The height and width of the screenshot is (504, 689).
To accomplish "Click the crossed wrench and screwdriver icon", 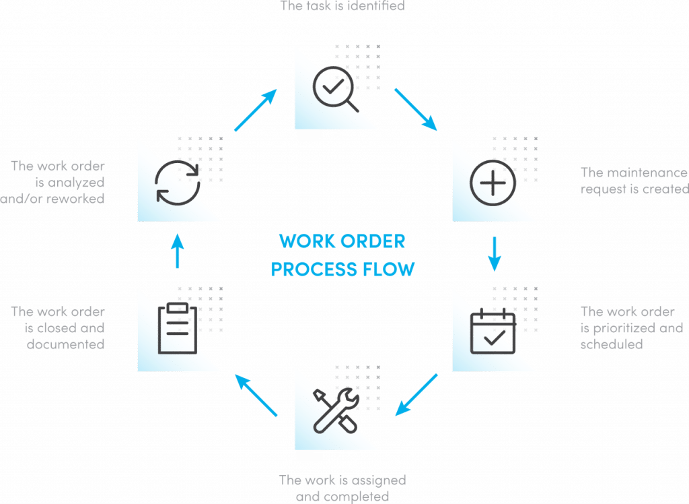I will coord(334,409).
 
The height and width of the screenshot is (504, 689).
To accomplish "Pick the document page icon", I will coord(177,328).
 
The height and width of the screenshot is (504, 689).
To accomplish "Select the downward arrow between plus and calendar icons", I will coord(495,254).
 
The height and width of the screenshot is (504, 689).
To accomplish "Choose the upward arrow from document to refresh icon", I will coord(177,251).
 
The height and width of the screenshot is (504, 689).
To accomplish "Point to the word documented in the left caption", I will coord(65,344).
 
